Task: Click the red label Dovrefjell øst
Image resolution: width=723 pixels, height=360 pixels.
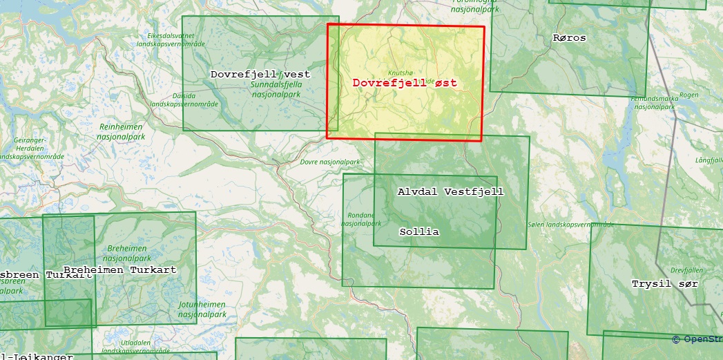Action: click(405, 83)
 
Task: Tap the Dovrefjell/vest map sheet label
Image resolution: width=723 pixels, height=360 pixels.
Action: click(260, 74)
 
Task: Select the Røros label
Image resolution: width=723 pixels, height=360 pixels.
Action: click(569, 38)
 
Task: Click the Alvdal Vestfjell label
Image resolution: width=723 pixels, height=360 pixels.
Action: click(451, 191)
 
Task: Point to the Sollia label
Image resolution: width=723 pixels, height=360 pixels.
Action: click(419, 232)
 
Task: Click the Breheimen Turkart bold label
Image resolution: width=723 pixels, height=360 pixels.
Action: click(119, 269)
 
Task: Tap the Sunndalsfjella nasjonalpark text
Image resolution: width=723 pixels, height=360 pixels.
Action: click(276, 89)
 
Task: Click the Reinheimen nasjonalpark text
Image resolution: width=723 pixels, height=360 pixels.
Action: click(121, 131)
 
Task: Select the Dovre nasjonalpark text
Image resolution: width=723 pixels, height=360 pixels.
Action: click(330, 162)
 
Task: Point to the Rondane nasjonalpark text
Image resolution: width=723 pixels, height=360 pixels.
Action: click(361, 219)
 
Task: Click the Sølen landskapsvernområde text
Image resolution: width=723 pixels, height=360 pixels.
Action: click(570, 225)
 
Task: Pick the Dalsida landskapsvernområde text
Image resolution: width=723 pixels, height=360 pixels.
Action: click(184, 100)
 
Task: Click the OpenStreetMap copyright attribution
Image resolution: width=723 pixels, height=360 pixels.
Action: click(696, 339)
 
